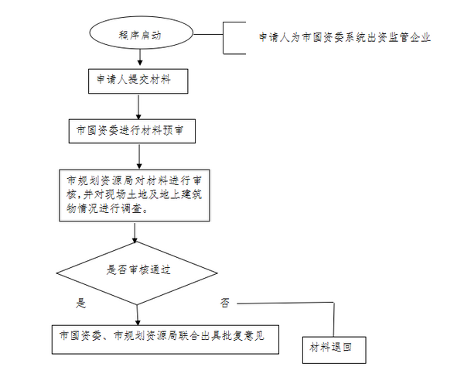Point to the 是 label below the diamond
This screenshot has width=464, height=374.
[x=80, y=304]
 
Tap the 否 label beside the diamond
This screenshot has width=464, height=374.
[x=224, y=303]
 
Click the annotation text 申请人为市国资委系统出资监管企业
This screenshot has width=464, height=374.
[x=345, y=37]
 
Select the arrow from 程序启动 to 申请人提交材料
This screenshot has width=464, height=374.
[x=140, y=57]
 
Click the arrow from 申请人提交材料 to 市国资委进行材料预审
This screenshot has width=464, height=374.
[x=138, y=107]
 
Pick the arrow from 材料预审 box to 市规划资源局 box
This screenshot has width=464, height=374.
[x=139, y=156]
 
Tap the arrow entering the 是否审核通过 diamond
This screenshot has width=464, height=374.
[x=135, y=232]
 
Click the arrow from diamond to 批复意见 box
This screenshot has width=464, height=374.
[x=138, y=315]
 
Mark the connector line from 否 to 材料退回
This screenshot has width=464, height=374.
[x=334, y=304]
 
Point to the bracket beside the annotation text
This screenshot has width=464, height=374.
[x=223, y=38]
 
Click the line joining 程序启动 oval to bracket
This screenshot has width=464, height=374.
[x=208, y=34]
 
